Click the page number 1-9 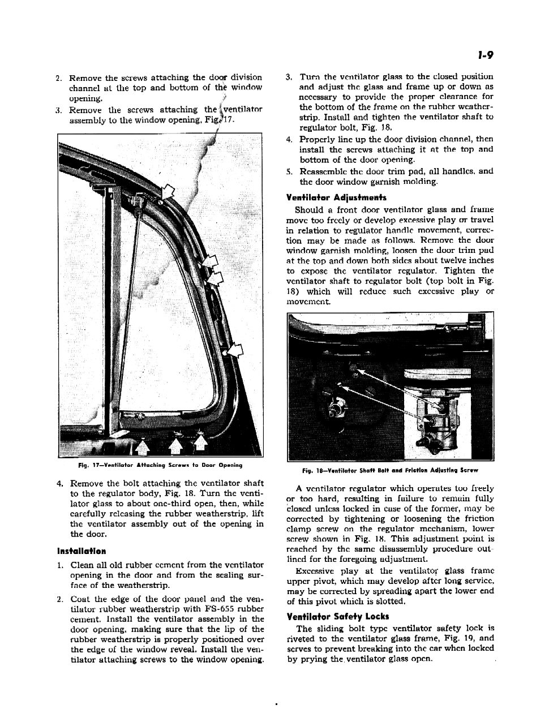486,55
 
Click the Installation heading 82,551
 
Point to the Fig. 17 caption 160,465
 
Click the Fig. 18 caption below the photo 391,470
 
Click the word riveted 303,638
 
